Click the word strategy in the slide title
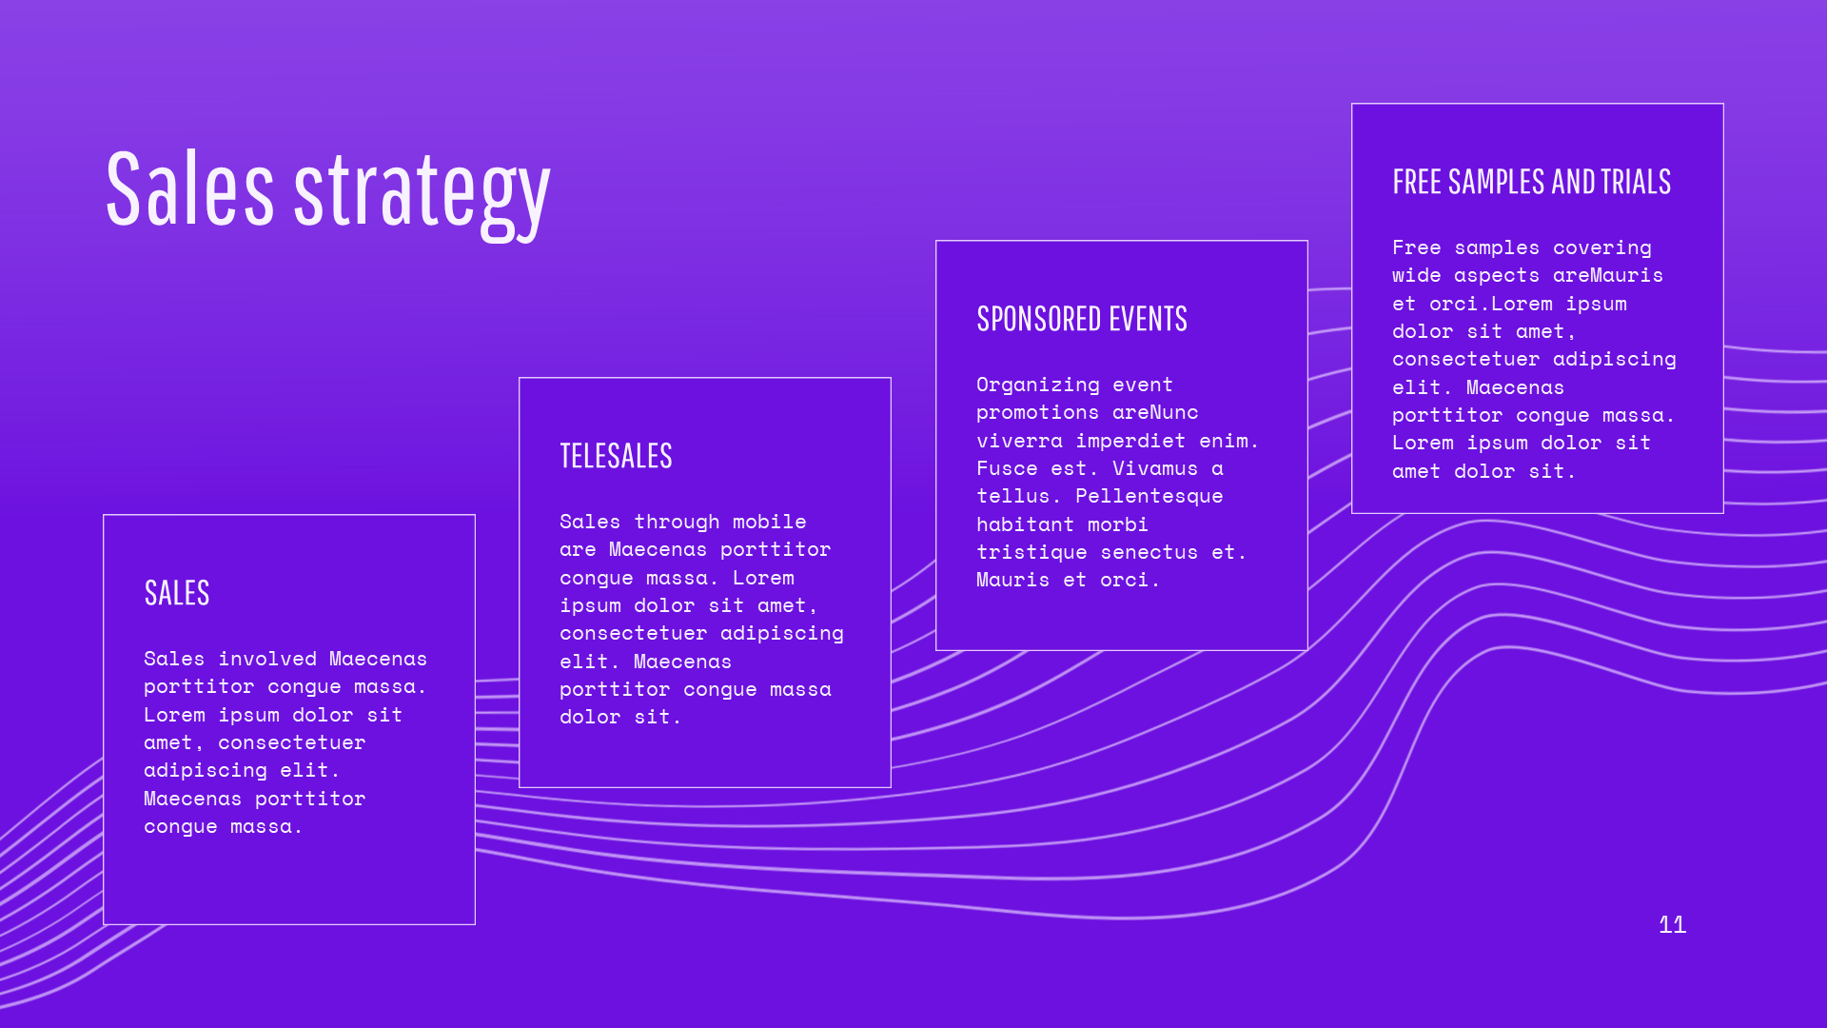pos(422,195)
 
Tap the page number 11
pos(1672,924)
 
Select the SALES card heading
pos(177,593)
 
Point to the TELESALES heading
pos(616,456)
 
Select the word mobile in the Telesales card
pos(769,522)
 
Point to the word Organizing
pos(1038,385)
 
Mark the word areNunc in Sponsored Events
pos(1155,412)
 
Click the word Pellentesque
pos(1149,497)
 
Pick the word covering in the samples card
pos(1602,248)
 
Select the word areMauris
pos(1608,275)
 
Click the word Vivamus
pos(1155,468)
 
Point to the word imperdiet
pos(1130,442)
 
